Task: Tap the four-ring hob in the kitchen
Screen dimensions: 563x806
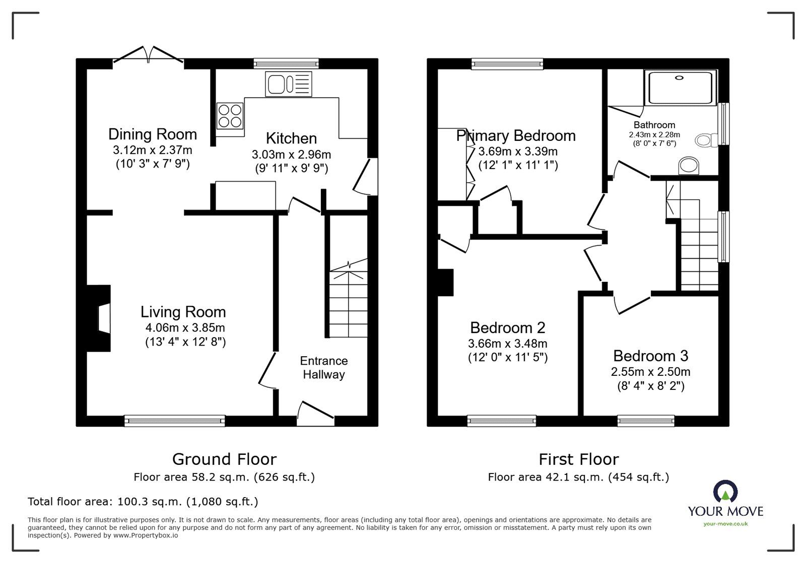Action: click(229, 116)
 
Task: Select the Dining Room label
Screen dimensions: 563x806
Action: click(153, 134)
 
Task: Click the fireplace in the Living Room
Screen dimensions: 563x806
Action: click(100, 318)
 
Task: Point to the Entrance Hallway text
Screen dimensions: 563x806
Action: click(323, 368)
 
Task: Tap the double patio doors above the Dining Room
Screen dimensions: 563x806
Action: click(148, 56)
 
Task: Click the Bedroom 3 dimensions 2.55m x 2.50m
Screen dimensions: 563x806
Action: click(650, 372)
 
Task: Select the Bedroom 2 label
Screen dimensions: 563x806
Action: click(507, 328)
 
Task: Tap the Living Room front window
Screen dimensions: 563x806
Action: click(175, 421)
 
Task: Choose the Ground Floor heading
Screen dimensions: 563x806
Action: click(224, 459)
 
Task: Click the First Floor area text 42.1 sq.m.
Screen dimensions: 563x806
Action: click(578, 477)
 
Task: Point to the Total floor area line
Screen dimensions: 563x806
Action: click(143, 502)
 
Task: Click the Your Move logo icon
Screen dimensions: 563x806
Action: click(725, 492)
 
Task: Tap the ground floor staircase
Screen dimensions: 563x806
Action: click(348, 302)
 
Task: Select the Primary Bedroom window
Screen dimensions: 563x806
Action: click(507, 63)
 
